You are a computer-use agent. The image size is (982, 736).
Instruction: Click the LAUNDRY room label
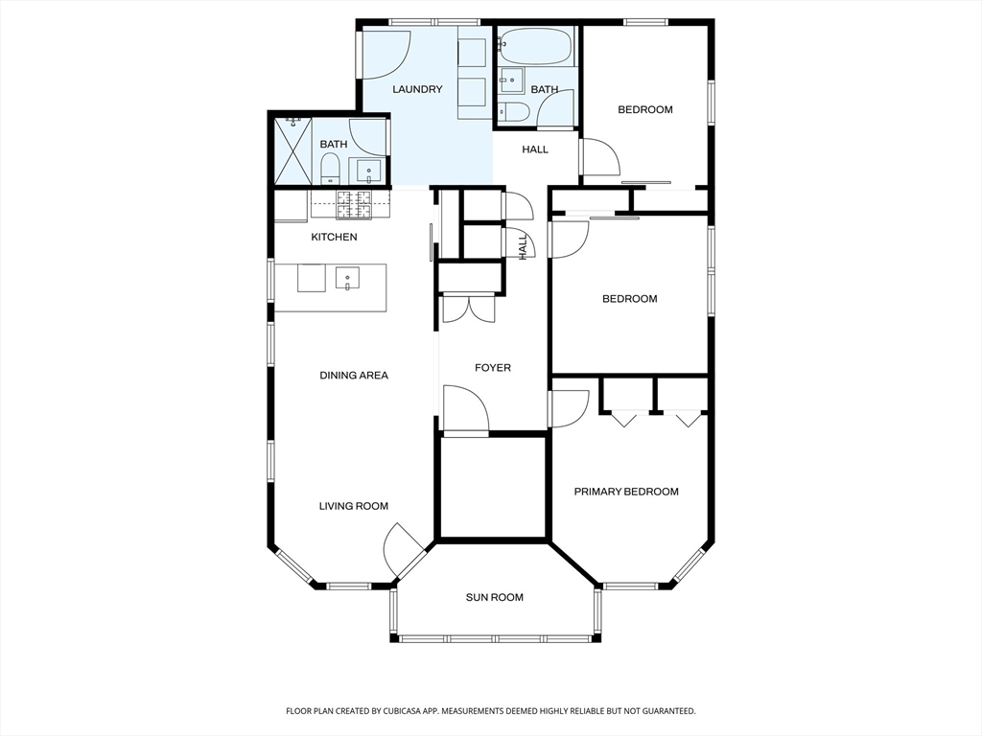pos(417,89)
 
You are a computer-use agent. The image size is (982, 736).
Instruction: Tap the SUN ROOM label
pos(494,598)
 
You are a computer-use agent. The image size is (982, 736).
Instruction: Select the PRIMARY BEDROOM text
pos(626,492)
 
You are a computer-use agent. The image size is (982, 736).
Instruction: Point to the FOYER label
pos(493,368)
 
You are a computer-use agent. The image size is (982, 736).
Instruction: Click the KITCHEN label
pos(335,238)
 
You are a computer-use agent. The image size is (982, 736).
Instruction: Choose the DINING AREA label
pos(354,376)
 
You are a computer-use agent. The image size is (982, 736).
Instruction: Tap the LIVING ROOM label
pos(354,506)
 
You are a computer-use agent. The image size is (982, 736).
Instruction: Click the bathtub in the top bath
pos(536,45)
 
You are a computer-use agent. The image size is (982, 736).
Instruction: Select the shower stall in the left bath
pos(293,150)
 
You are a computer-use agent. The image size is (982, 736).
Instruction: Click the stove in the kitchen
pos(355,205)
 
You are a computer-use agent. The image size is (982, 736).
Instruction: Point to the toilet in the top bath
pos(515,111)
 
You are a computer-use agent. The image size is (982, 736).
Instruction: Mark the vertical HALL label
pos(523,247)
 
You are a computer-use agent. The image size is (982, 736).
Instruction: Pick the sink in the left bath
pos(369,172)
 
